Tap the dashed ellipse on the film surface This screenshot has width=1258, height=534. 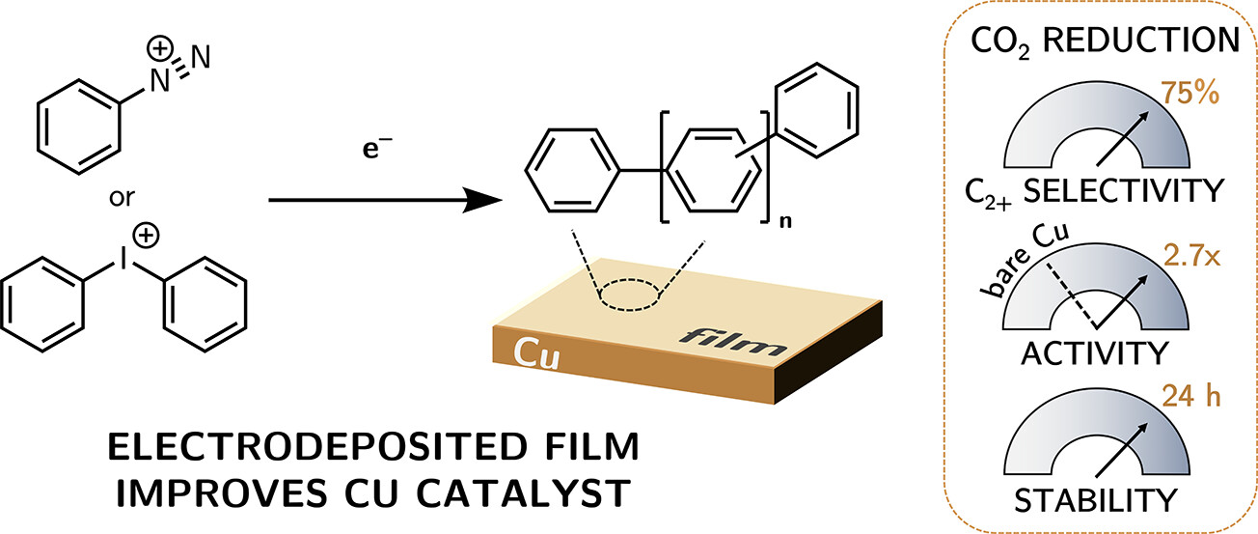coord(628,295)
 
